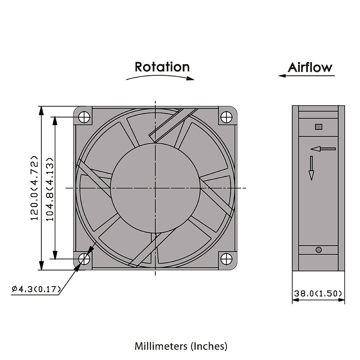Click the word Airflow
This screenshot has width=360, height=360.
[310, 67]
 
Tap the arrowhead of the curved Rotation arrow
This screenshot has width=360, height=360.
[191, 79]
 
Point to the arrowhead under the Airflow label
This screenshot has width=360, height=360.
[281, 76]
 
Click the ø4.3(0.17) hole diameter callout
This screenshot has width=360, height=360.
[36, 289]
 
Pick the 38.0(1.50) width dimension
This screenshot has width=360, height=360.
[318, 293]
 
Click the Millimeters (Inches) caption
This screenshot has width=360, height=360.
[181, 346]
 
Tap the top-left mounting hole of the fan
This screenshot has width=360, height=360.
[85, 117]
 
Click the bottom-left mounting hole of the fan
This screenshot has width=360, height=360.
[84, 259]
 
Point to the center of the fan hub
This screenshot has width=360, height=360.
[155, 188]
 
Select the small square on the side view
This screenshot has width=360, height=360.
[319, 127]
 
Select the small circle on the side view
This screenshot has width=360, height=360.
[319, 250]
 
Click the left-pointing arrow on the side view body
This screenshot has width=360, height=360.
[323, 148]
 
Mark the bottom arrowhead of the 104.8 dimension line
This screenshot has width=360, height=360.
[55, 255]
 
